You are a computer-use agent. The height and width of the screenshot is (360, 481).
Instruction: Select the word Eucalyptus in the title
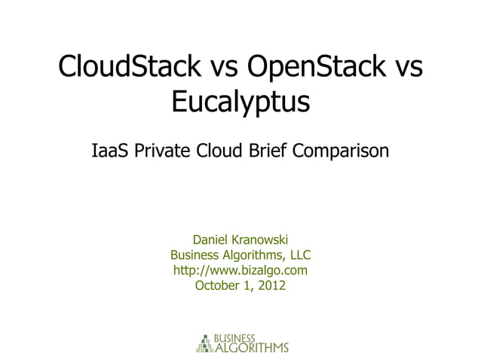click(x=240, y=102)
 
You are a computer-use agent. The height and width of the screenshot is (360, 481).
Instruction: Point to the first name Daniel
click(x=213, y=239)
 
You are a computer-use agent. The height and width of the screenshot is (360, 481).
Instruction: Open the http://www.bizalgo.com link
click(x=240, y=270)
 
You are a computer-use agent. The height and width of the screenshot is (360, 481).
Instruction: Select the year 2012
click(x=272, y=285)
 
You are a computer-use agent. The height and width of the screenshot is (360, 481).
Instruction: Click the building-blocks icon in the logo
click(x=204, y=343)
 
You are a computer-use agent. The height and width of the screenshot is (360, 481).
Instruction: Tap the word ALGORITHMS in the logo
click(x=252, y=347)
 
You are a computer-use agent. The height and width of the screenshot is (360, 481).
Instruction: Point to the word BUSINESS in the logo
click(x=235, y=337)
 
